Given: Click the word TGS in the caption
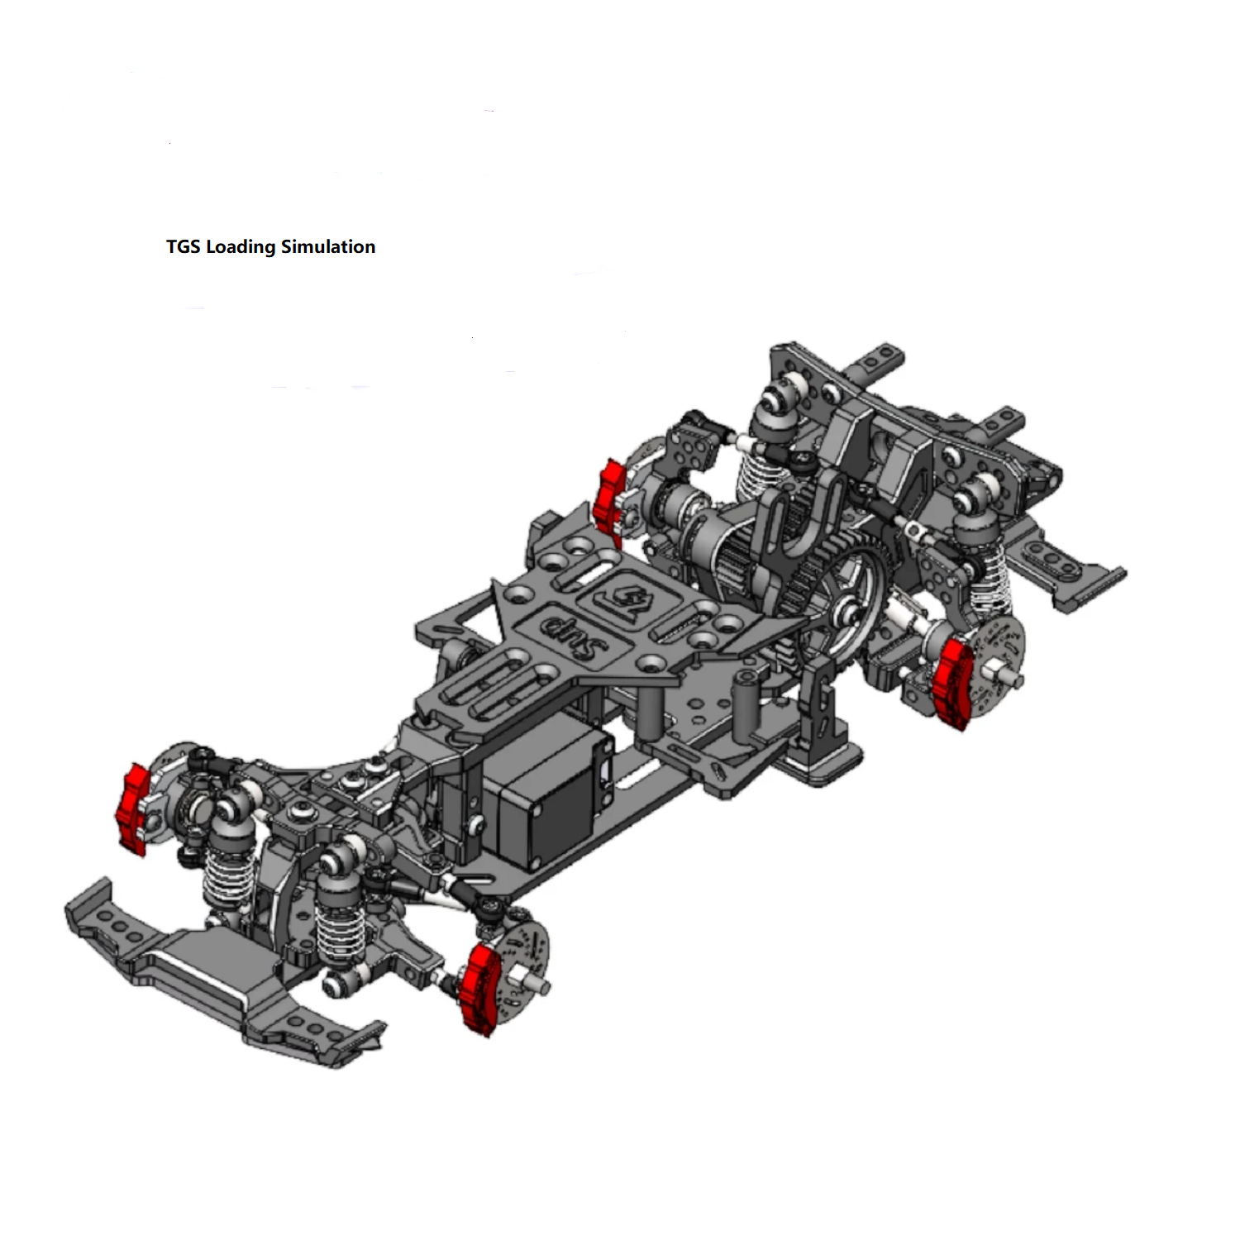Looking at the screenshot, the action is tap(184, 246).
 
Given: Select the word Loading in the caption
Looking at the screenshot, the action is tap(241, 247).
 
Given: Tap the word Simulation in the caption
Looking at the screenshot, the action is tap(328, 246).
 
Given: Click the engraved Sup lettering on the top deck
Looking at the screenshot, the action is tap(574, 632).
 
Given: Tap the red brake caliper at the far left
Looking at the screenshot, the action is tap(132, 808).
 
